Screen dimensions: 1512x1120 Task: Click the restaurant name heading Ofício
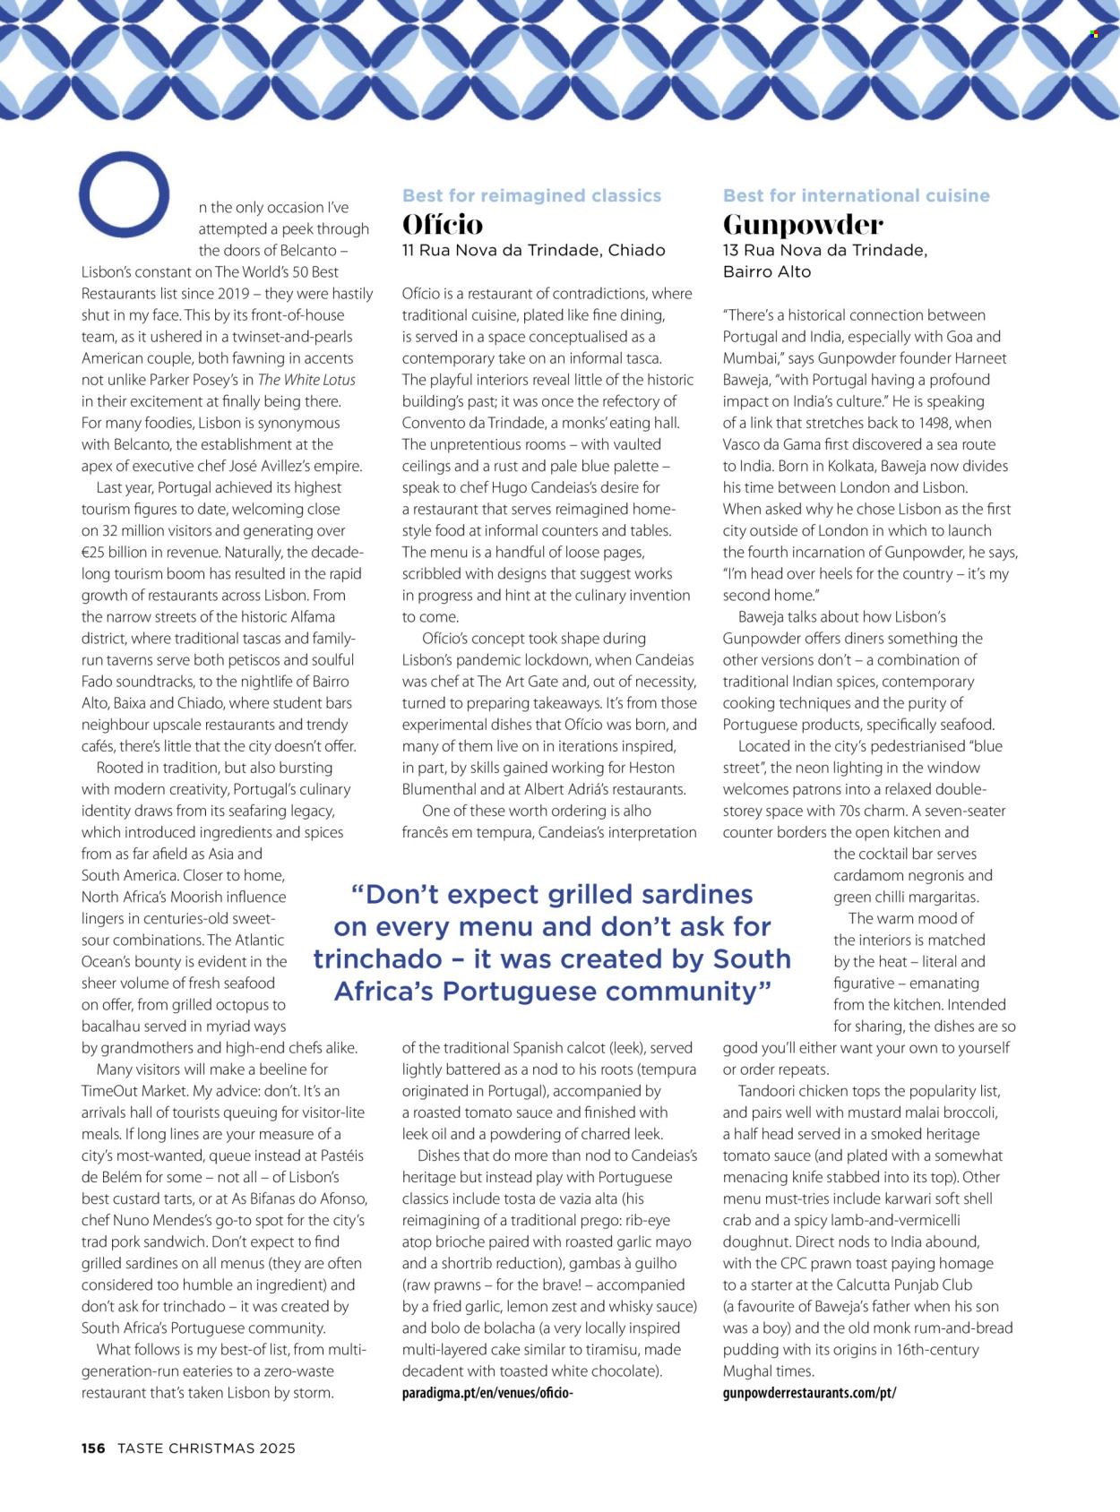click(x=443, y=224)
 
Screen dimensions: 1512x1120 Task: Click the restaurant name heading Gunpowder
click(x=803, y=224)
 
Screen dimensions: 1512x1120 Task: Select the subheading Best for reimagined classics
click(x=531, y=195)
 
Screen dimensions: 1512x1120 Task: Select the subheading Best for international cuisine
click(x=856, y=195)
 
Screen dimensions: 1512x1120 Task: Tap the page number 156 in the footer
click(x=93, y=1448)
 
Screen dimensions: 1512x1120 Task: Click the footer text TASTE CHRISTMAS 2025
click(x=206, y=1448)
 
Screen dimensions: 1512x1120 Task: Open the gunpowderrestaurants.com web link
click(x=809, y=1393)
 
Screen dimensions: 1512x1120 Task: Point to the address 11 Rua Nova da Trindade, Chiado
click(x=533, y=251)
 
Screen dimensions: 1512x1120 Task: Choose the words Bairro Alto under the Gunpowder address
click(x=767, y=272)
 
